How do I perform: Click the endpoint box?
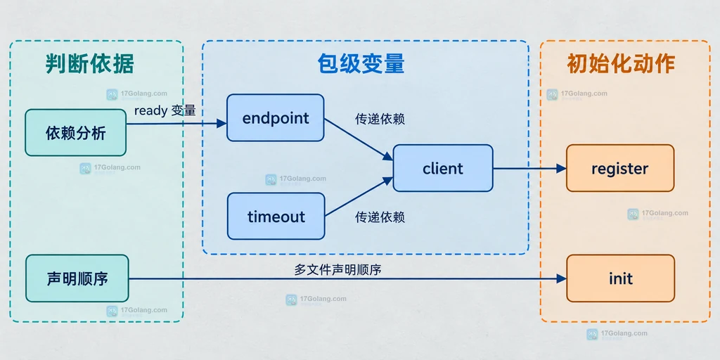pos(276,117)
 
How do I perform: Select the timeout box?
pos(276,217)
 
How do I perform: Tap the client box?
pos(443,168)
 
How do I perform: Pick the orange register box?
pos(620,168)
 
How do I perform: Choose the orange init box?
pos(620,278)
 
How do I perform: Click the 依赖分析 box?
pos(76,133)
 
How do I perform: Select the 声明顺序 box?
pos(77,278)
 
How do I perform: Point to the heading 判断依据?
pos(89,64)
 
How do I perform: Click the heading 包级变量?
pos(361,64)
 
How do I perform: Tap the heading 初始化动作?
pos(620,64)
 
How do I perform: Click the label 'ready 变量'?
pos(165,110)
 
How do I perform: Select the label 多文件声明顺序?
pos(338,269)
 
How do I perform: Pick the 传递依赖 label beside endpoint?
pos(380,119)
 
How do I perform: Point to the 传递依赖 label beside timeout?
pos(380,217)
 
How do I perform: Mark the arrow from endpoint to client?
pos(359,140)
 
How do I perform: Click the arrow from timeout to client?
pos(359,197)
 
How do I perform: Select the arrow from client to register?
pos(529,169)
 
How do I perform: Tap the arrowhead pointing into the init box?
pos(561,278)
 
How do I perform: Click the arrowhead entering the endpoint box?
pos(221,123)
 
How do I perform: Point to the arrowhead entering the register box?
pos(561,169)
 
